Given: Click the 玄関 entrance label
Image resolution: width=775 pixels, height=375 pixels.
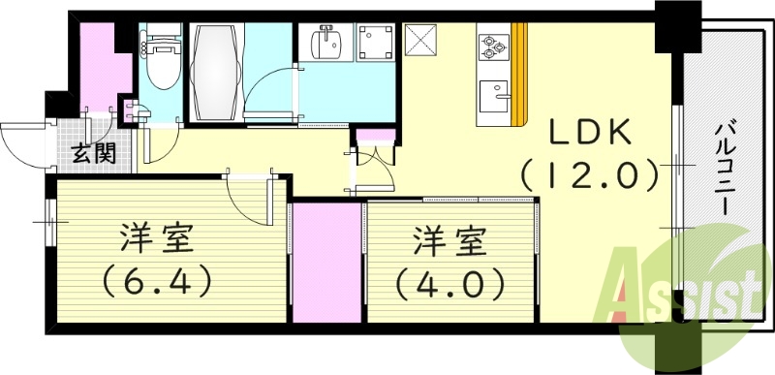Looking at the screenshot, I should point(93,151).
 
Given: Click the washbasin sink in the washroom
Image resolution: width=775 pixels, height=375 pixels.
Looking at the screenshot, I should point(325,45).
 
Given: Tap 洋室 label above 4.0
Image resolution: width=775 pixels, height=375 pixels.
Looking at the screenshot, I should point(449,237).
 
